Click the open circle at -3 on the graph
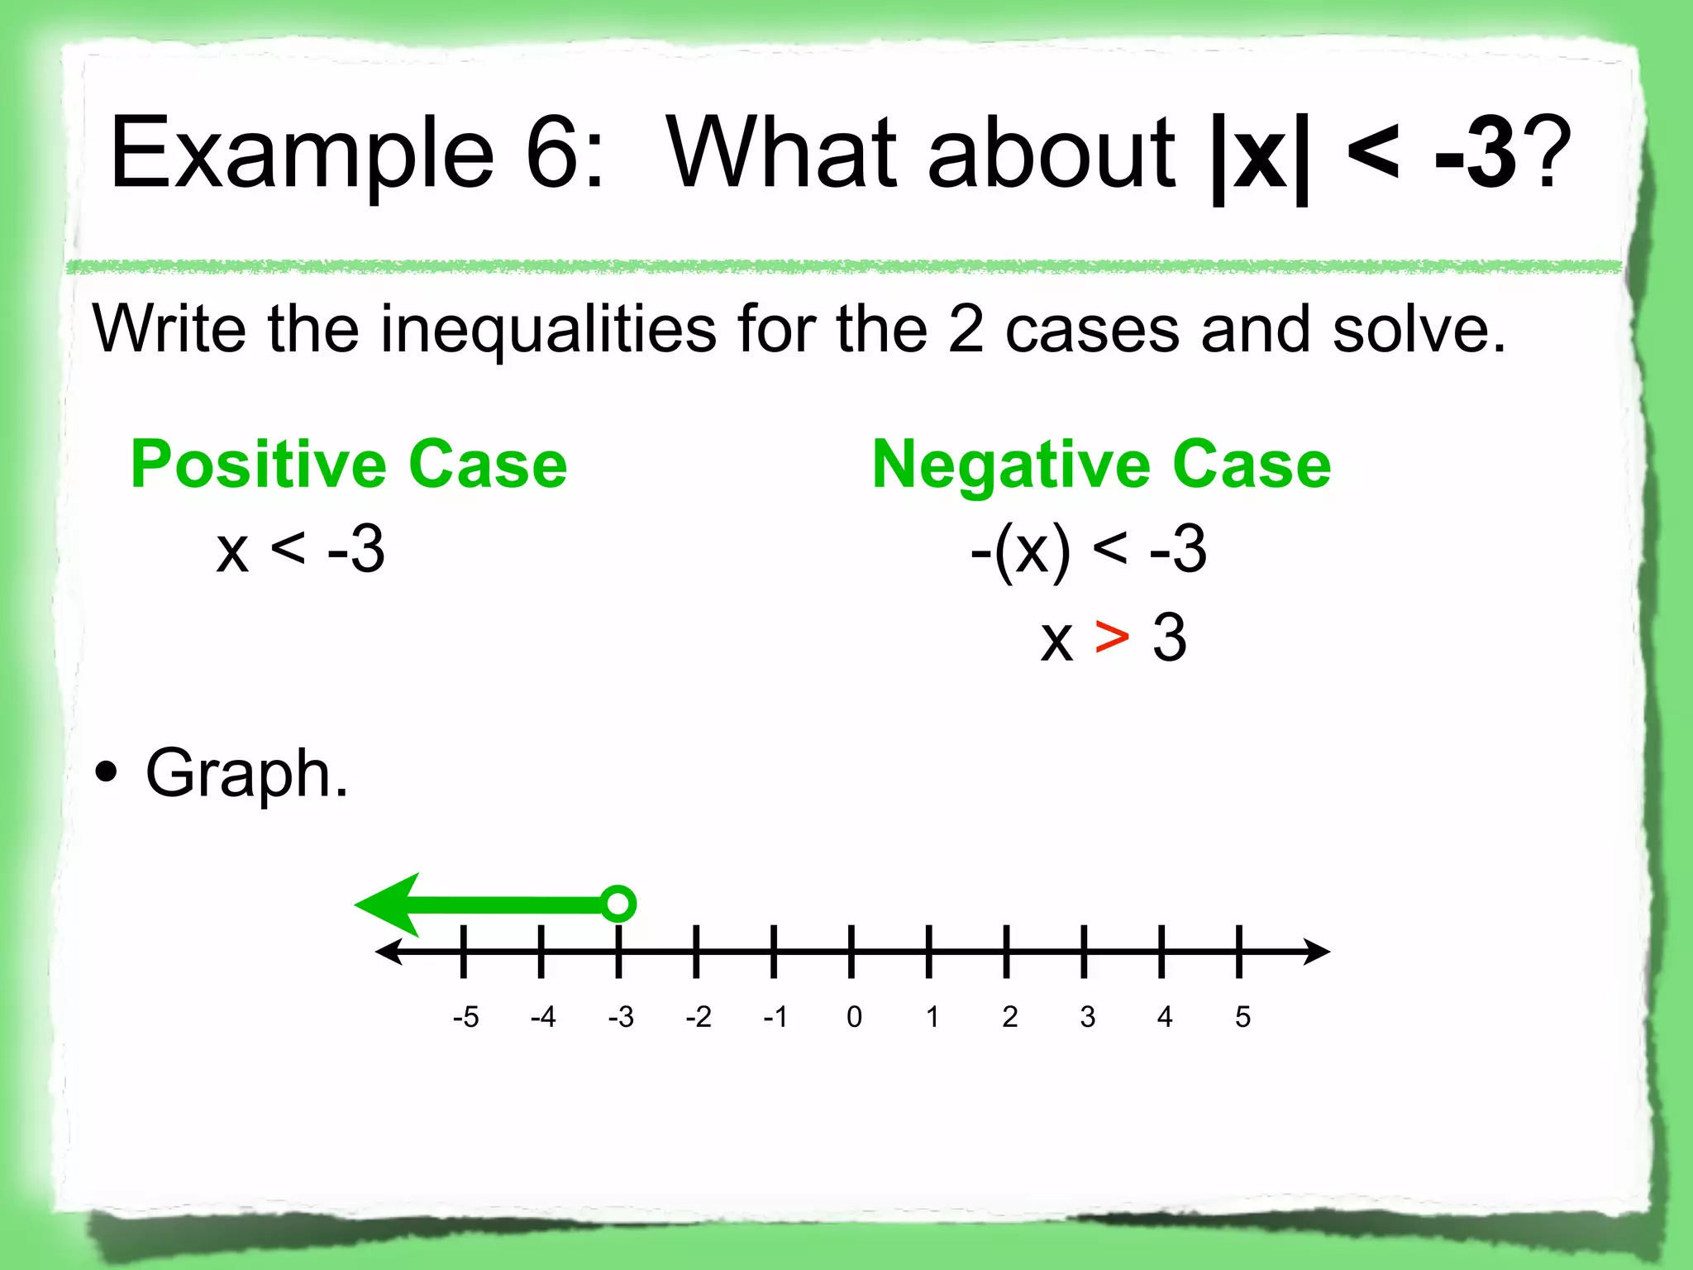tap(618, 903)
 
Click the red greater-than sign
tap(1112, 637)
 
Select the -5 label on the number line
tap(465, 1017)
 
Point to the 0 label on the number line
tap(854, 1017)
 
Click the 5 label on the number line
tap(1242, 1017)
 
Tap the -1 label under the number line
tap(775, 1017)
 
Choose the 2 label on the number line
tap(1009, 1017)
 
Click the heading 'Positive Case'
tap(349, 465)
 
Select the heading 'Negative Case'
tap(1101, 465)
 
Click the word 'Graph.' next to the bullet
tap(246, 774)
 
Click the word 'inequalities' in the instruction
tap(548, 329)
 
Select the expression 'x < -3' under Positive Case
tap(300, 550)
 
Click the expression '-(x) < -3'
tap(1088, 550)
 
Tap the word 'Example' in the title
tap(303, 153)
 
